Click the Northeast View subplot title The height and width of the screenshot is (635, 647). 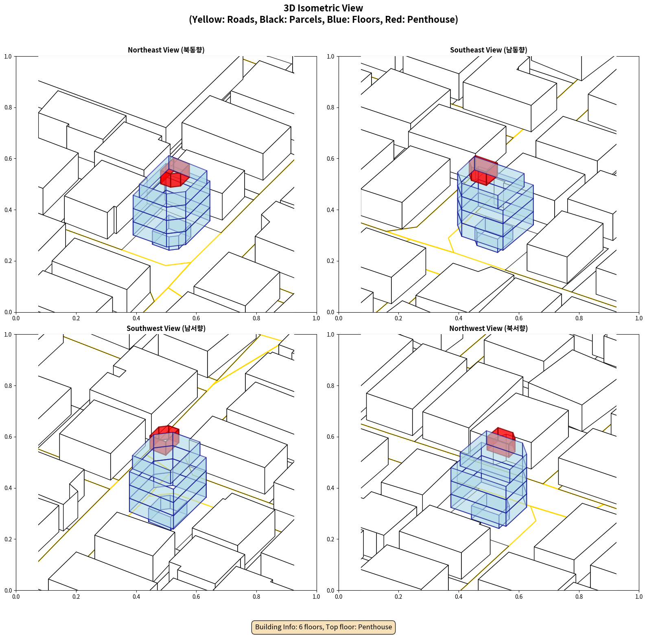[x=166, y=50]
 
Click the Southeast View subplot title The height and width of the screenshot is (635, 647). [x=488, y=50]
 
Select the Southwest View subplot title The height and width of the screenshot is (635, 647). [x=166, y=328]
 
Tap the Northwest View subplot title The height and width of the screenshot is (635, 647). [x=488, y=328]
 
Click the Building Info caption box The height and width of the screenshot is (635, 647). [x=323, y=627]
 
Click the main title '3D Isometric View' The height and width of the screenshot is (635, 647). [x=323, y=8]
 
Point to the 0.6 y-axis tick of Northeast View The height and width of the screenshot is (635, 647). [x=8, y=159]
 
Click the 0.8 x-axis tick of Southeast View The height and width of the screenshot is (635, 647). [x=579, y=318]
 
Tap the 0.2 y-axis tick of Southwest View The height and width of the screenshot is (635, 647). [x=8, y=539]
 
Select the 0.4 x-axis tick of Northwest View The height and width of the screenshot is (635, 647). [x=459, y=597]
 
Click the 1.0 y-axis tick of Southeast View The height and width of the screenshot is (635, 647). [x=331, y=57]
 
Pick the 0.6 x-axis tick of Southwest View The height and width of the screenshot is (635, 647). [x=196, y=597]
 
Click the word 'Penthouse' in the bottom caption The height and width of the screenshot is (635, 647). [x=375, y=627]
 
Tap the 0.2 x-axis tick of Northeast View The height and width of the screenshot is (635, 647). [x=76, y=318]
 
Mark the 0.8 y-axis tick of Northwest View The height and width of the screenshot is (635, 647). [x=331, y=386]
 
